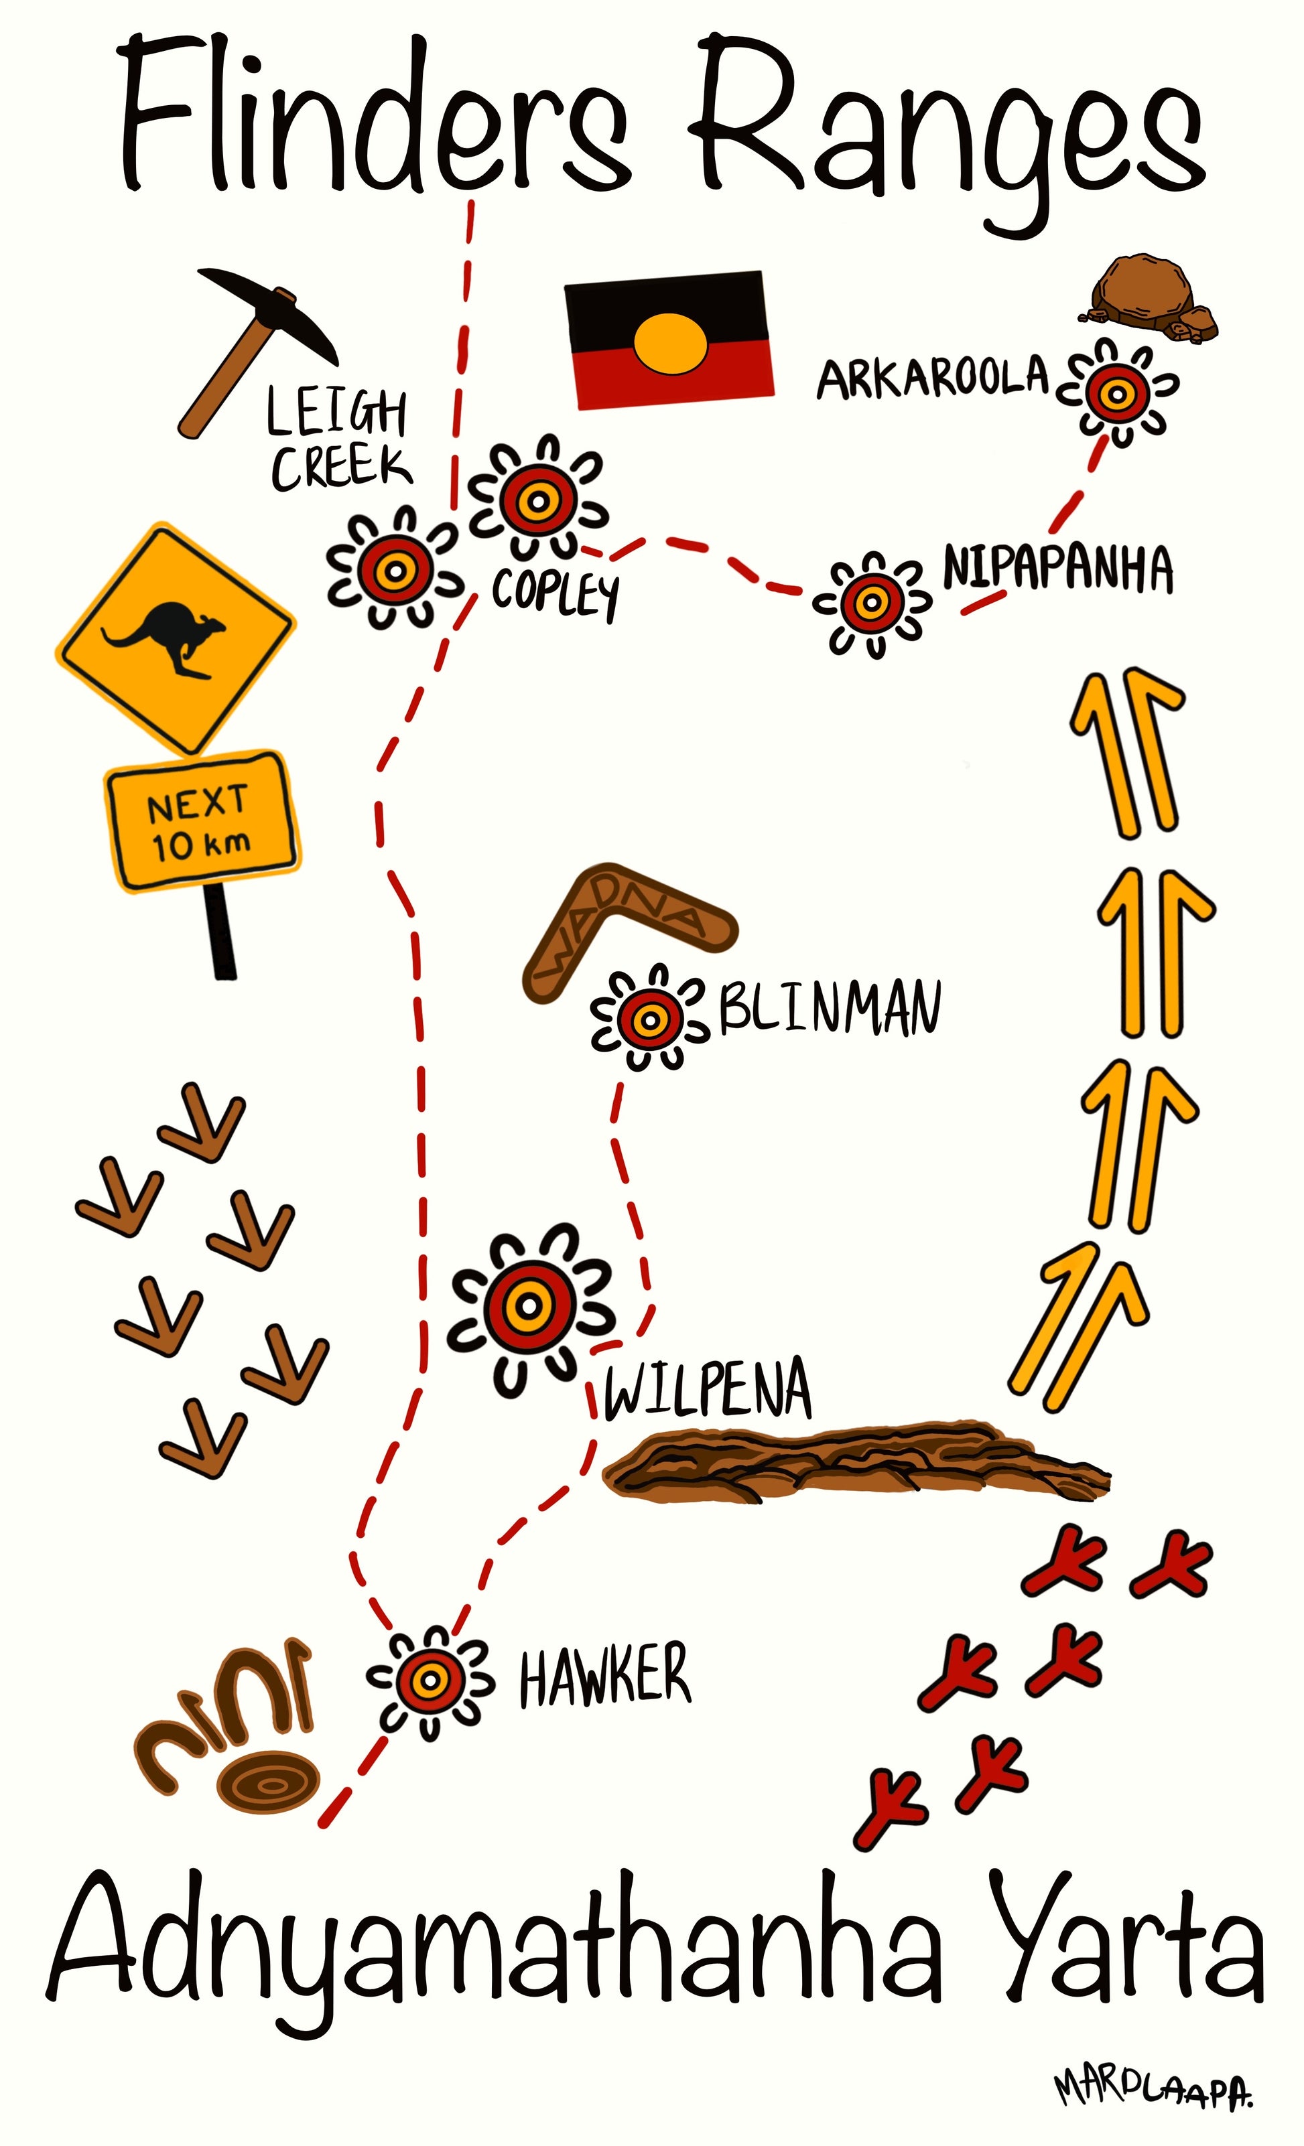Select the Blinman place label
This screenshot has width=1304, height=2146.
pos(830,1009)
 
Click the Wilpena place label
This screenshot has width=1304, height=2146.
pos(708,1389)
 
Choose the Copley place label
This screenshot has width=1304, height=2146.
pos(556,592)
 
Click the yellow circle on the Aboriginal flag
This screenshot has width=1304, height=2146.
pos(671,343)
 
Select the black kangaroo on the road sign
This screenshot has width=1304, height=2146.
pos(166,635)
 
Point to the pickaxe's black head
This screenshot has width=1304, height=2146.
pos(270,309)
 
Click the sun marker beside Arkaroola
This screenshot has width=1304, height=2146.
pos(1117,395)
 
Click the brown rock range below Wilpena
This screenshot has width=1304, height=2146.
pos(854,1463)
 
